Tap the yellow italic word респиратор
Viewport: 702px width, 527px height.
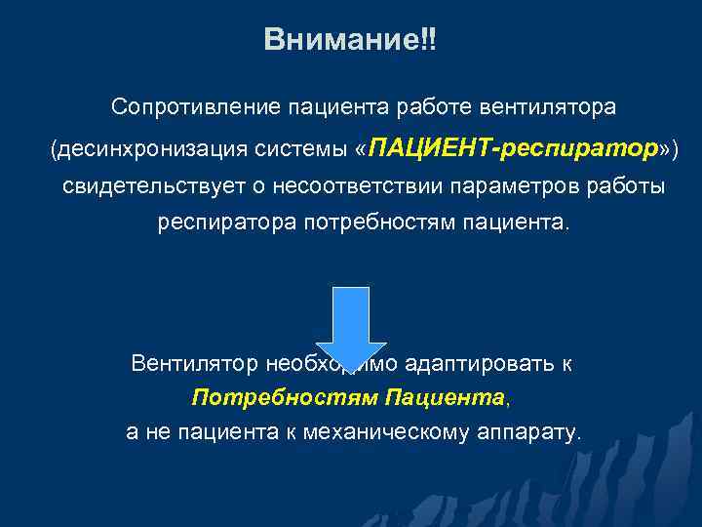[579, 149]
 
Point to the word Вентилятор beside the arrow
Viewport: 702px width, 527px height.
[194, 364]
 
